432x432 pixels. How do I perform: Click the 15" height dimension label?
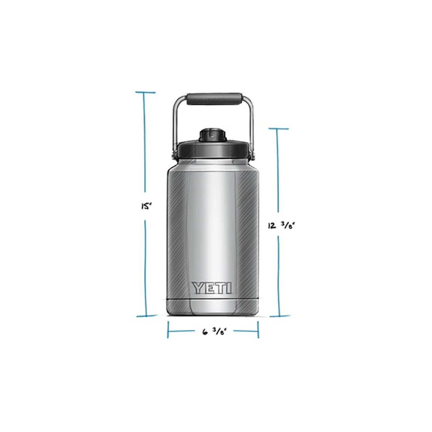(145, 206)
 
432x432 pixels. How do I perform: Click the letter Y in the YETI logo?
(198, 288)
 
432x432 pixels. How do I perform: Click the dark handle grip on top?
(214, 99)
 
